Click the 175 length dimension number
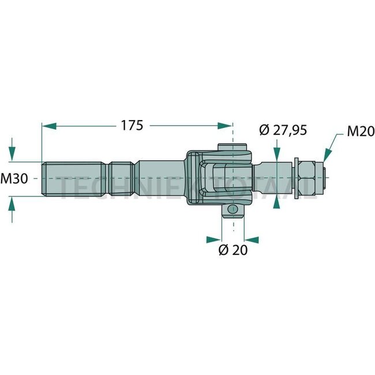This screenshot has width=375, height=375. (x=132, y=125)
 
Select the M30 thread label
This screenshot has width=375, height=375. (x=15, y=179)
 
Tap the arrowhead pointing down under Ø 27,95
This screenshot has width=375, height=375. (x=277, y=155)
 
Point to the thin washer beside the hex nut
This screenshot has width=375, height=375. (x=295, y=178)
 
